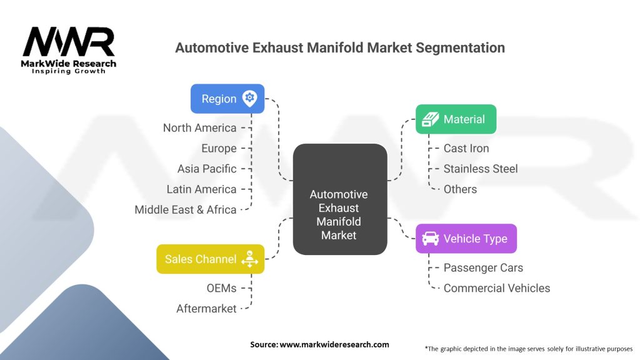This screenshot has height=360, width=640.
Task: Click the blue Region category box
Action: [x=227, y=99]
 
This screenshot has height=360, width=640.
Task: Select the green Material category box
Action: [x=456, y=119]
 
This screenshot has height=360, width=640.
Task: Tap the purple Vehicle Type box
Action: [x=466, y=238]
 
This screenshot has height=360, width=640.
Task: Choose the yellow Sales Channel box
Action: [x=210, y=259]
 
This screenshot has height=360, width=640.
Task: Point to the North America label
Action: [x=200, y=127]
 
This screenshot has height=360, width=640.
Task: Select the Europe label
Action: [x=219, y=148]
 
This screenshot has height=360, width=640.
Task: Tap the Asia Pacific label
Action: [x=207, y=169]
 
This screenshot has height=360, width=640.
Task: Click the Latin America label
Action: [x=201, y=189]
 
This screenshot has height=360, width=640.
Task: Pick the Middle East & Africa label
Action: [x=186, y=210]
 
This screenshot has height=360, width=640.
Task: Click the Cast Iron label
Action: [x=466, y=148]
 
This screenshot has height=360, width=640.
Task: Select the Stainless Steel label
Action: [x=481, y=169]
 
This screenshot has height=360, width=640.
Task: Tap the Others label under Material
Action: [x=460, y=189]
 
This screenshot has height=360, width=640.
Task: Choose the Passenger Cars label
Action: [x=483, y=267]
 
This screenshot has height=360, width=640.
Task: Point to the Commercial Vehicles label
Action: [x=497, y=288]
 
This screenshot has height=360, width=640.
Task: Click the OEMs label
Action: [x=221, y=287]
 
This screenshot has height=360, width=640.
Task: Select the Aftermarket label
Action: [x=206, y=308]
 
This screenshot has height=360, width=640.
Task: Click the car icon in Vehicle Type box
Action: [x=430, y=238]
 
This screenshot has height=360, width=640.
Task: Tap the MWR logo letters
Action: [x=69, y=42]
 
